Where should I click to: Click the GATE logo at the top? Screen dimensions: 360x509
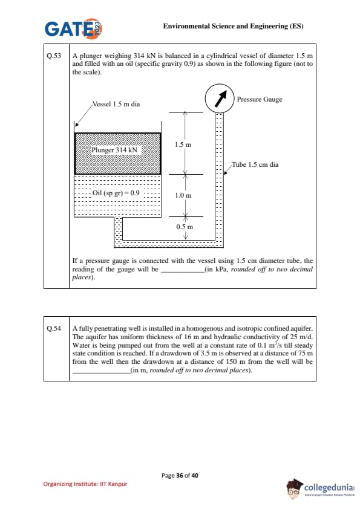pos(74,28)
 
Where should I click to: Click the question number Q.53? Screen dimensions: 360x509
pos(54,56)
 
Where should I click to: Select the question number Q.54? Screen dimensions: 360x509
pos(54,328)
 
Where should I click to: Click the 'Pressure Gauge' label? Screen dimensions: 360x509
pos(260,99)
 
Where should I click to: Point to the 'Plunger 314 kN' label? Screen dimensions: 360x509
pos(114,150)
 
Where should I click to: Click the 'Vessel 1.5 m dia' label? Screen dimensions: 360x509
pos(116,104)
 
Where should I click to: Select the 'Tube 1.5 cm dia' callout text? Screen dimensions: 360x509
pos(255,164)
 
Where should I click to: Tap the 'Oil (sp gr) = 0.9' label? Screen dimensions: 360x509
pos(116,193)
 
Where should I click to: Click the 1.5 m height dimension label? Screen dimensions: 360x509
pos(183,144)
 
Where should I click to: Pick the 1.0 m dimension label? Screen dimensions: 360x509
pos(183,195)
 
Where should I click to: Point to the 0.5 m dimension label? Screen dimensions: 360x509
pos(185,227)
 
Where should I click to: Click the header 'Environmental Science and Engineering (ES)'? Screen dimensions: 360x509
pos(234,26)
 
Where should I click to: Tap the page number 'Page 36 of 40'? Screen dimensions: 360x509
pos(180,476)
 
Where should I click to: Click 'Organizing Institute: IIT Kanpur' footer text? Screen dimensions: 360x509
pos(85,484)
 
